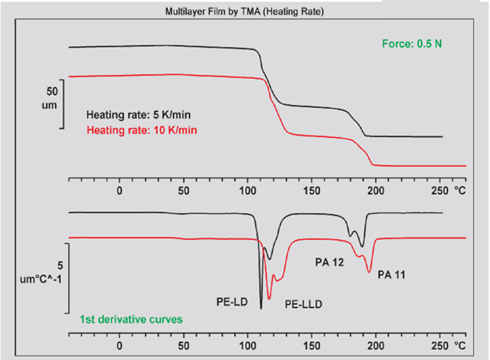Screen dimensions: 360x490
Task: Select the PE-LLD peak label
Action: pyautogui.click(x=303, y=304)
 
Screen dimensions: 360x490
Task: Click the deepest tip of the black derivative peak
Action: pyautogui.click(x=261, y=307)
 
